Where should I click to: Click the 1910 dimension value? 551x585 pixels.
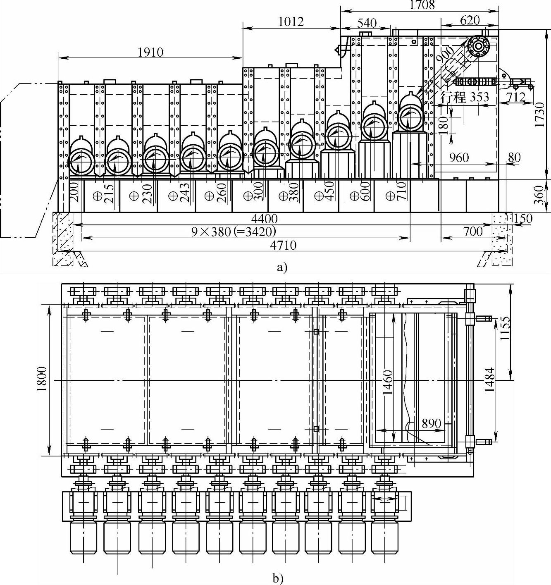point(150,52)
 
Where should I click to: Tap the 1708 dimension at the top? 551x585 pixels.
point(422,5)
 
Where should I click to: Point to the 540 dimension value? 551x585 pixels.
point(366,23)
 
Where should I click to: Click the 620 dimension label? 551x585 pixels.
point(470,20)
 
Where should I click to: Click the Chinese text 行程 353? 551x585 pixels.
point(464,98)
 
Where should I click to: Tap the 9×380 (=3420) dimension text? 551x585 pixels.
point(234,231)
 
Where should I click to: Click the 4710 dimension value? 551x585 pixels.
point(283,245)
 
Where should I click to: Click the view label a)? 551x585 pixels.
point(281,267)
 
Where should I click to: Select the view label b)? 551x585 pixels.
point(277,578)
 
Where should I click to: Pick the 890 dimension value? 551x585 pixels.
point(432,424)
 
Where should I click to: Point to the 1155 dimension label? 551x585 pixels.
point(505,329)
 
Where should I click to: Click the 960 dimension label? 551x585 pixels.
point(459,158)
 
